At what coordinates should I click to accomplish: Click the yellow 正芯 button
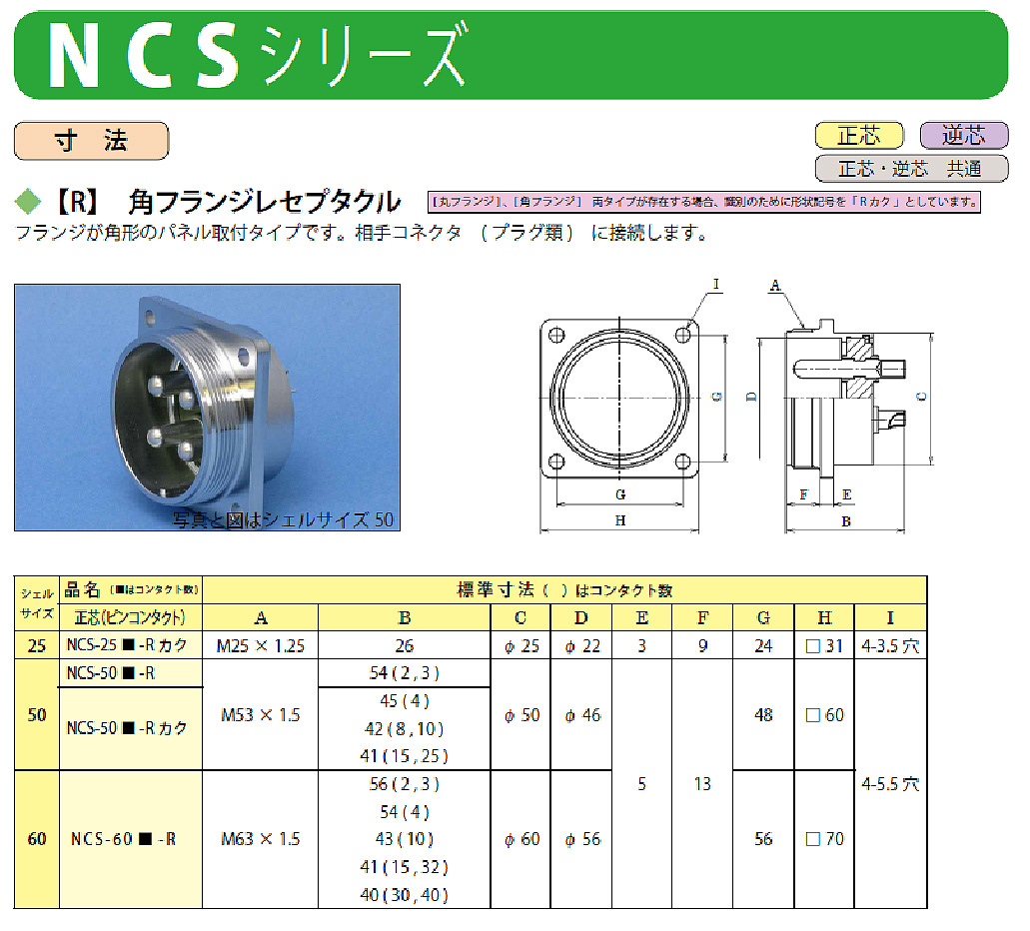[859, 136]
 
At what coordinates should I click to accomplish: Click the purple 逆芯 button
[963, 136]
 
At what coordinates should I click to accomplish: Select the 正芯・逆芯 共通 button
[911, 168]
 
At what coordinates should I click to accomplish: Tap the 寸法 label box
[91, 141]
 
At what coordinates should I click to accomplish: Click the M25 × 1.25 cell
[260, 646]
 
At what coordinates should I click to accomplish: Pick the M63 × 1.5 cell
[260, 839]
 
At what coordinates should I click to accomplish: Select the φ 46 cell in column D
[582, 715]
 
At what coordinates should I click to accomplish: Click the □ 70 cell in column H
[824, 839]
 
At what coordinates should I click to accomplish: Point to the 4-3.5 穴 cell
[891, 646]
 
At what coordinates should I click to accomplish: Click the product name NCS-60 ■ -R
[123, 839]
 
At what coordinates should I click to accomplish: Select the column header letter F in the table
[702, 617]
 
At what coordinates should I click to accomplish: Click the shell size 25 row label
[36, 646]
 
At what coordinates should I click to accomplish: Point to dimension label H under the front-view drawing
[620, 520]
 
